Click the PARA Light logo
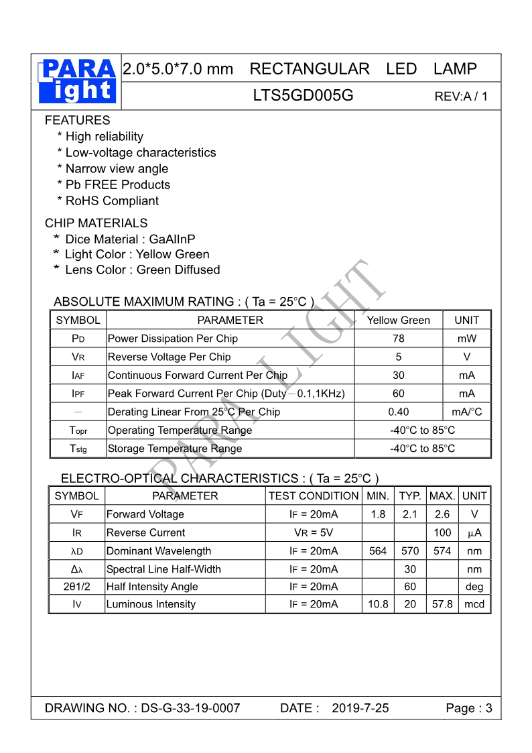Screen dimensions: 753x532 [x=78, y=81]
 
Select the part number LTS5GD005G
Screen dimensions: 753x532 [x=303, y=95]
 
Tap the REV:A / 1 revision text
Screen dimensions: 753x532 [x=461, y=96]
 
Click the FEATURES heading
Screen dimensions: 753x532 [x=77, y=120]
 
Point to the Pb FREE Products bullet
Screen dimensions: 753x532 [x=114, y=184]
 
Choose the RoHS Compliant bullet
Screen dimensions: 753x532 [x=109, y=200]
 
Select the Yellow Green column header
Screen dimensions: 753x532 [x=398, y=320]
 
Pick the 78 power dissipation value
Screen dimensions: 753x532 [x=398, y=339]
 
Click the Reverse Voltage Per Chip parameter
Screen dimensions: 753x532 [x=169, y=357]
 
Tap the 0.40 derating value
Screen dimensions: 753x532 [x=398, y=412]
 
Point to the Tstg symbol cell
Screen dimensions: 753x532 [x=78, y=449]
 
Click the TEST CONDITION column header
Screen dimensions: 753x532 [x=314, y=496]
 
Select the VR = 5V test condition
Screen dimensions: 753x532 [x=314, y=532]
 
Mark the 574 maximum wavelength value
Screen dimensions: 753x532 [x=442, y=551]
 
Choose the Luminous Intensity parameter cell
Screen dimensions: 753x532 [x=151, y=604]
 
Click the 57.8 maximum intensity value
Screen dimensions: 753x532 [x=442, y=604]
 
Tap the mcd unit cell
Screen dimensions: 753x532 [x=474, y=604]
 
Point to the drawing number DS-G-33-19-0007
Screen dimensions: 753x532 [x=190, y=708]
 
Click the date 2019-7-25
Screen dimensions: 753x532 [x=360, y=708]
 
